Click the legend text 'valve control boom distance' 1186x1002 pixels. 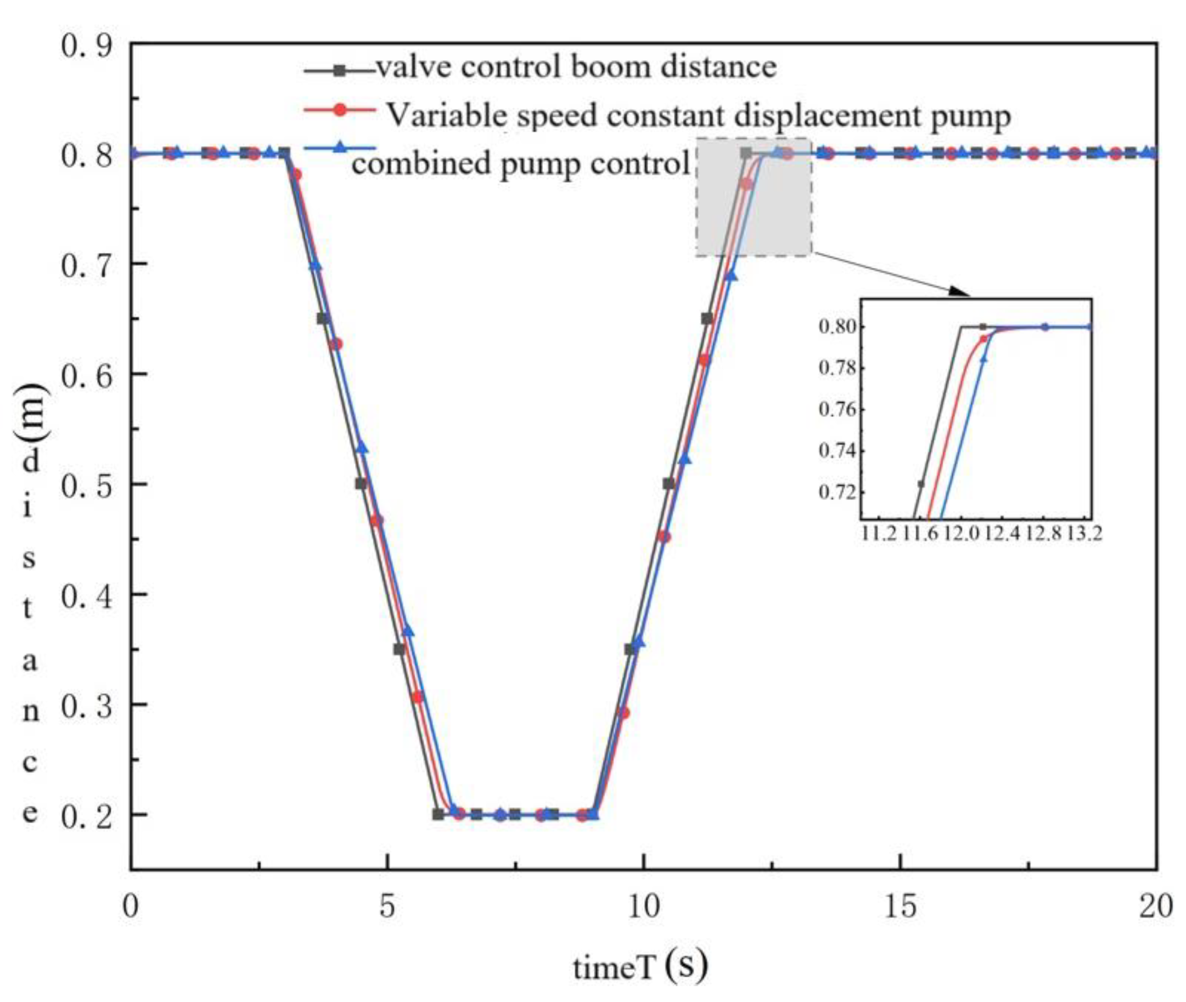pos(576,67)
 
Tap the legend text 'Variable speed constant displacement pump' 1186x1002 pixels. pos(699,116)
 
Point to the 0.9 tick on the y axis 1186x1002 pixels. pos(86,46)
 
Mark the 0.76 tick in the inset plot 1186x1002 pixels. pos(838,409)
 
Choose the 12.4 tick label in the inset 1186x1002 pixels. pos(1002,534)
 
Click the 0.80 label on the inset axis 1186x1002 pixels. pos(838,327)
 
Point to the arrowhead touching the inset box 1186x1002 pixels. pos(960,292)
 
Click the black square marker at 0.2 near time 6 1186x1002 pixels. pos(438,814)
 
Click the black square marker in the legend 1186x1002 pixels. pos(340,70)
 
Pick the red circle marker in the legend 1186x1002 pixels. pos(340,110)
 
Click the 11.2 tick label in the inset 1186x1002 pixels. pos(879,534)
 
